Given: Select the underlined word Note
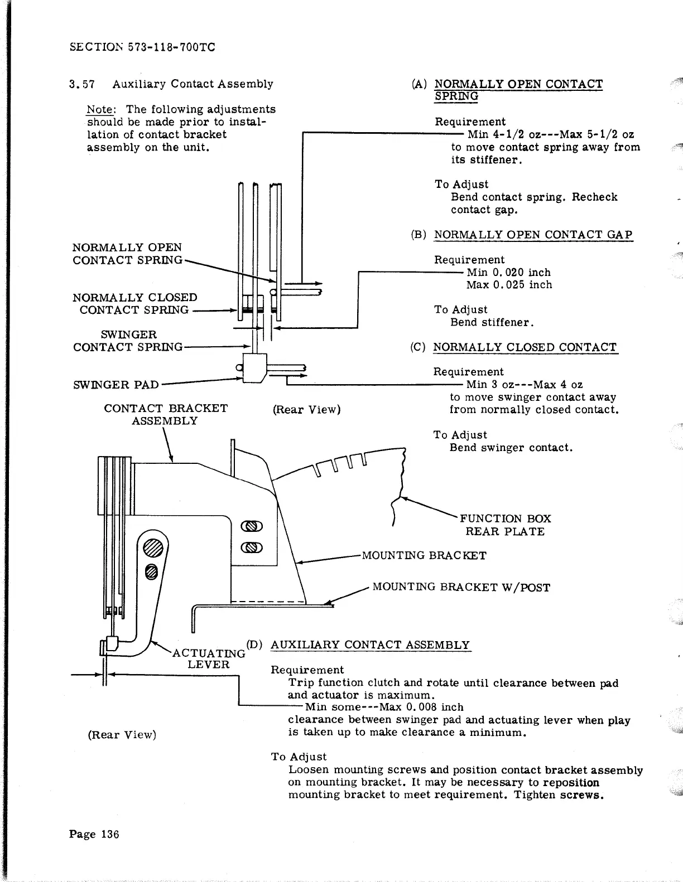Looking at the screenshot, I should [100, 109].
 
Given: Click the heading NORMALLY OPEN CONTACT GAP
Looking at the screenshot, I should [533, 235].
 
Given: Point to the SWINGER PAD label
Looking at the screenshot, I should [116, 385].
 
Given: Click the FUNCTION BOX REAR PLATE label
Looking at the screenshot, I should [505, 525].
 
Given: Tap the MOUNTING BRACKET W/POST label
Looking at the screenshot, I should [461, 587].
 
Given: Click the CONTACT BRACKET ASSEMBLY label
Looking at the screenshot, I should [166, 414].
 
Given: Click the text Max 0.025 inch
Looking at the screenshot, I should [509, 285].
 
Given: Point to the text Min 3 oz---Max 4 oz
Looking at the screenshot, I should [524, 385].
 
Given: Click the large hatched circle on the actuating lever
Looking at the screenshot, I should [154, 547].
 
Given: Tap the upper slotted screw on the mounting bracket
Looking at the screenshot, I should [252, 526].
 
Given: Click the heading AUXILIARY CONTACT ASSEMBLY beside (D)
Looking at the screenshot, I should [370, 645].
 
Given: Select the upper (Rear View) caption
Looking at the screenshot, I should [306, 410].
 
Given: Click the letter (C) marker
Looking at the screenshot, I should [418, 347].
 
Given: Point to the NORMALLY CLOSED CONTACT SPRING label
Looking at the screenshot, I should [135, 304].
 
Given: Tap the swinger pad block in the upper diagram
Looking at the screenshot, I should [254, 368].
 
